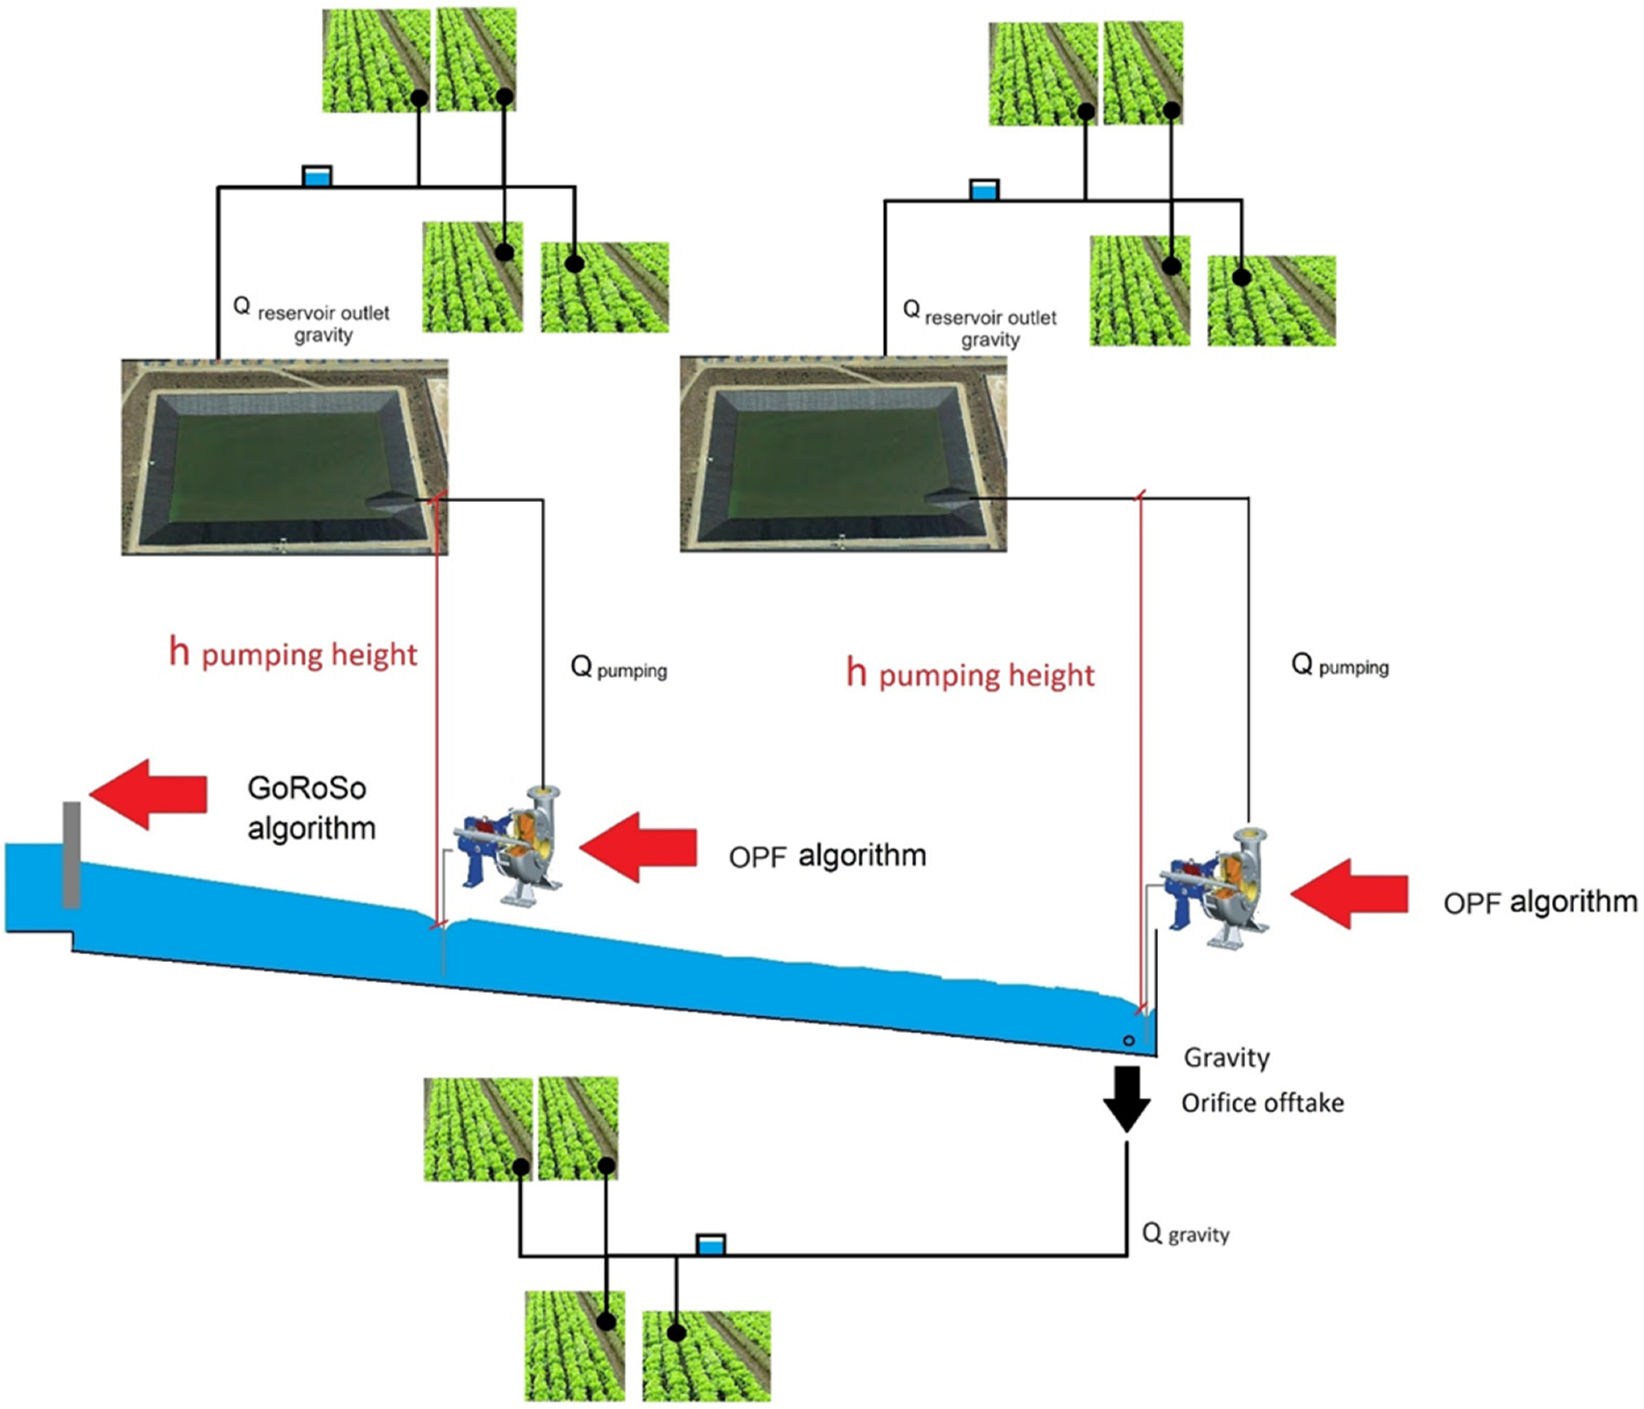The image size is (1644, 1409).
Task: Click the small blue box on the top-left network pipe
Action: coord(316,176)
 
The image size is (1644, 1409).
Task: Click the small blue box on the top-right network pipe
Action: coord(984,190)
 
